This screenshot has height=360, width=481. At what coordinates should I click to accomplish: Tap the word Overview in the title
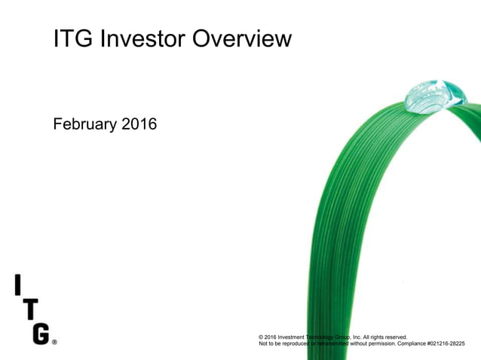pos(245,38)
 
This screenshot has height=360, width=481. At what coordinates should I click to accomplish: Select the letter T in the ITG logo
pos(29,309)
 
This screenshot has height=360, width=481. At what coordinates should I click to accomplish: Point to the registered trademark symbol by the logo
pos(54,341)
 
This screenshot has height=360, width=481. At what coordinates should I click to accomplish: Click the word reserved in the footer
pos(394,337)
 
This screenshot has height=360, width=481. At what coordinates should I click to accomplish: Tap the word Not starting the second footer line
pos(263,344)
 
